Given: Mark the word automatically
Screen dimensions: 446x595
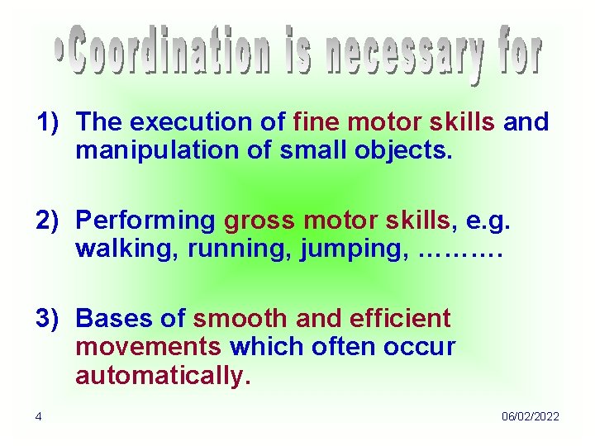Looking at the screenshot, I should tap(162, 376).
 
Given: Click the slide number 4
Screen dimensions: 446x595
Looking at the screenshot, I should tap(38, 416).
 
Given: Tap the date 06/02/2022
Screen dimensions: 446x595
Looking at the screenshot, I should tap(530, 416).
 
